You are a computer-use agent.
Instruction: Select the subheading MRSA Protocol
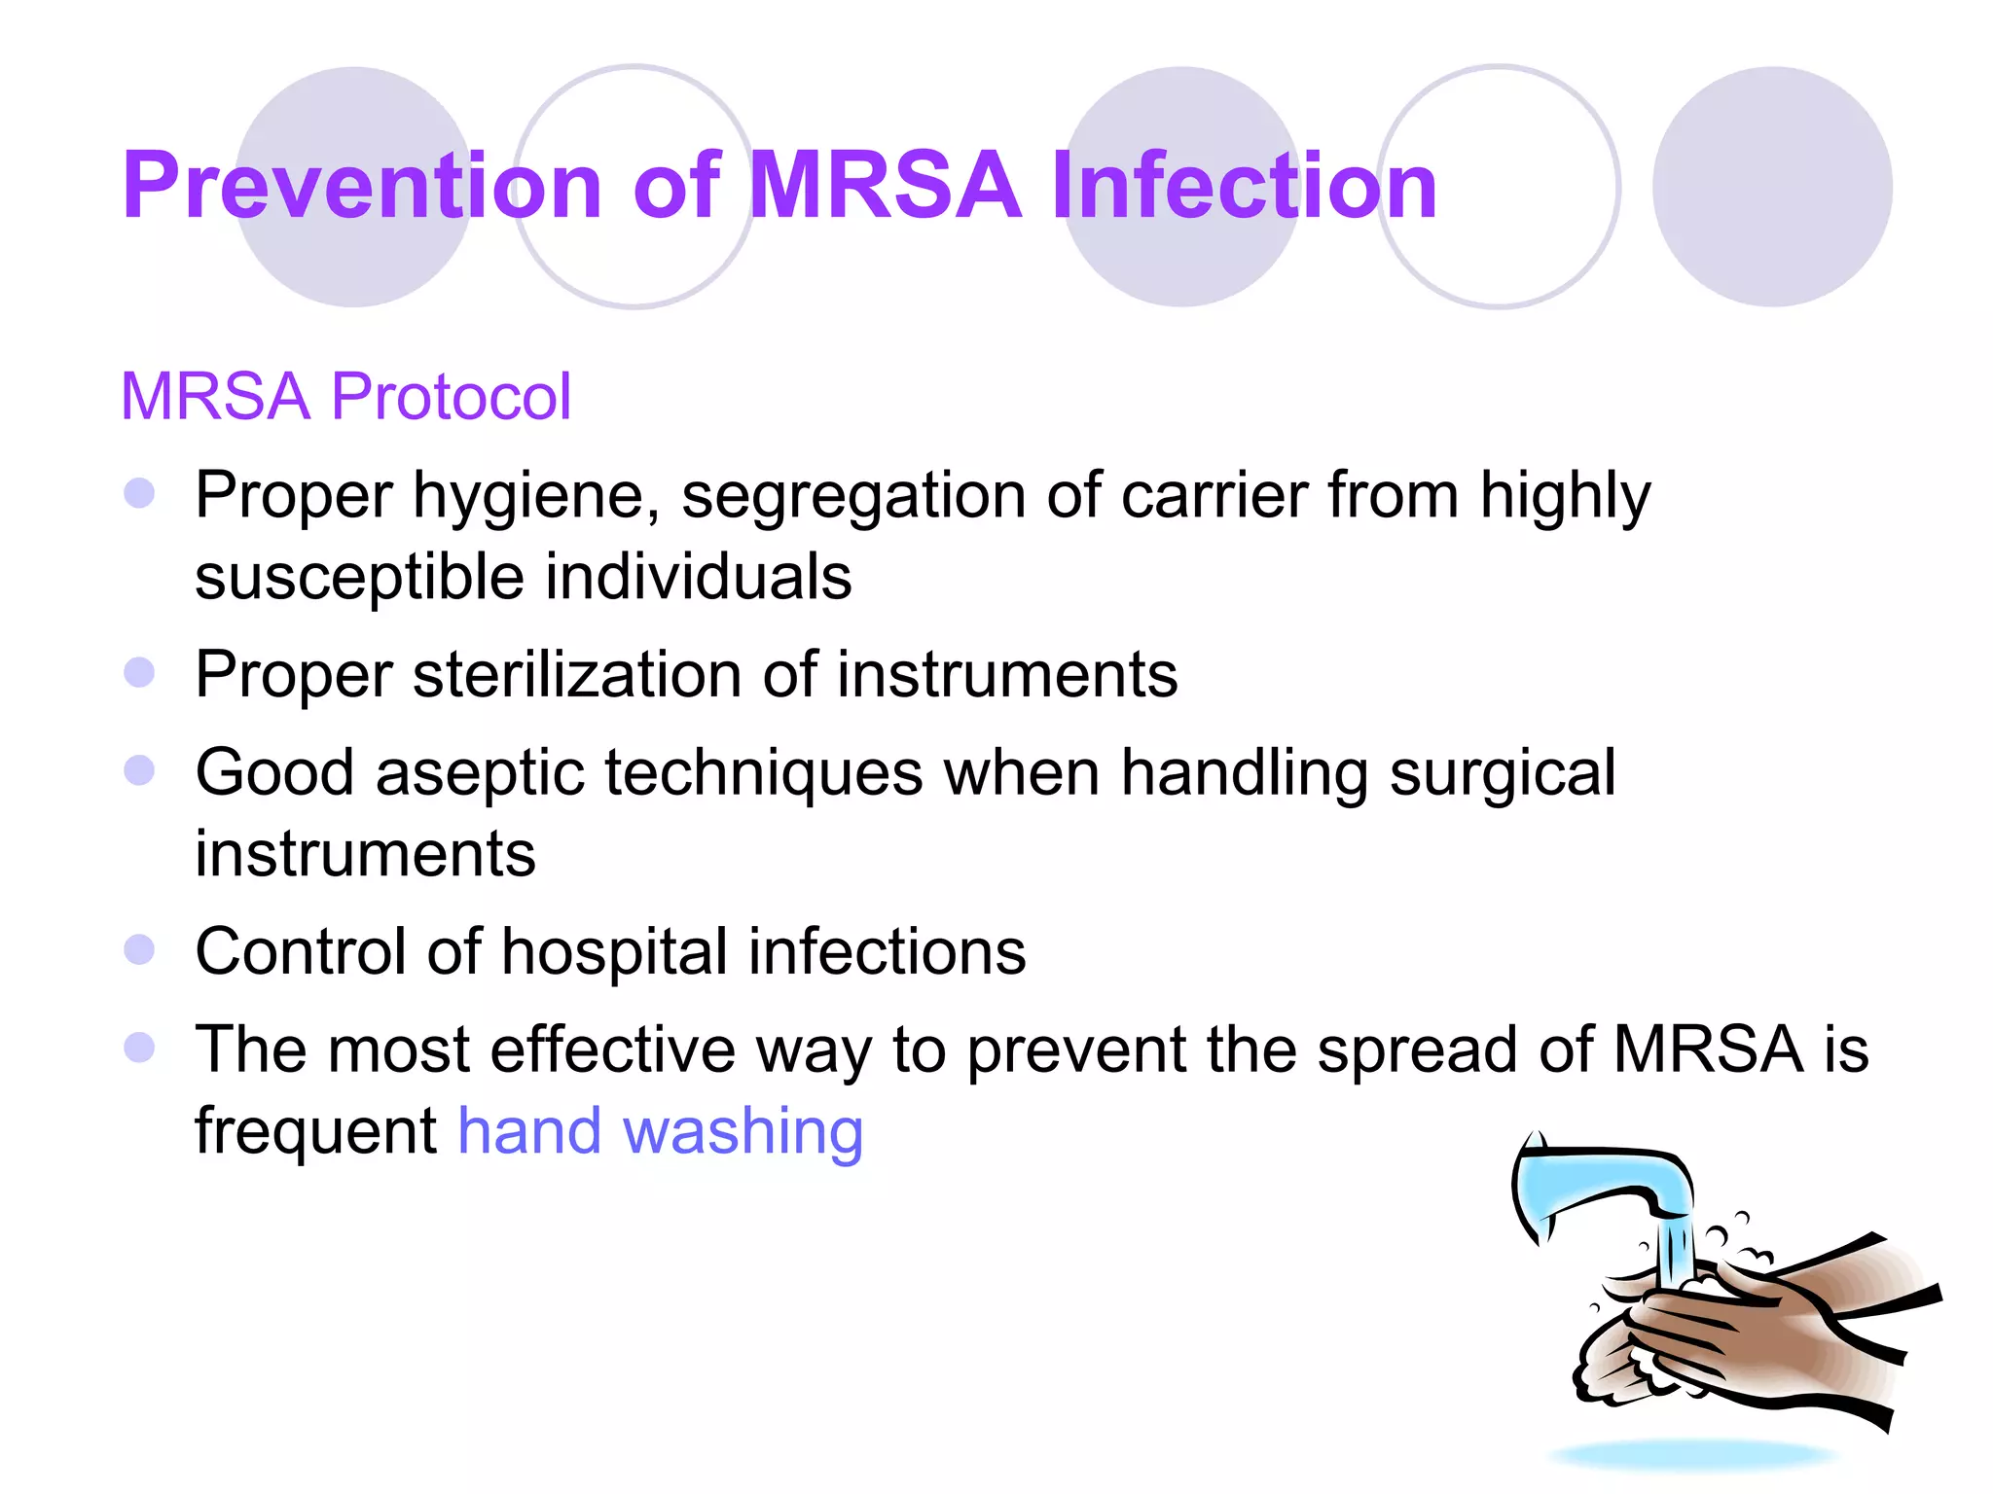pos(345,397)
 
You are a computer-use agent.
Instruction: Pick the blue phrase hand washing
pos(660,1131)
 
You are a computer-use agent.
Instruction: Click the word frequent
pos(315,1131)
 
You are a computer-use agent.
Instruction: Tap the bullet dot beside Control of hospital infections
pos(140,949)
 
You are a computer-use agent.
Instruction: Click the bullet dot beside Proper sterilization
pos(140,672)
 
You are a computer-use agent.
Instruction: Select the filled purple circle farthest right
pos(1772,187)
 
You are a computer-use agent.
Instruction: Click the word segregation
pos(853,496)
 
